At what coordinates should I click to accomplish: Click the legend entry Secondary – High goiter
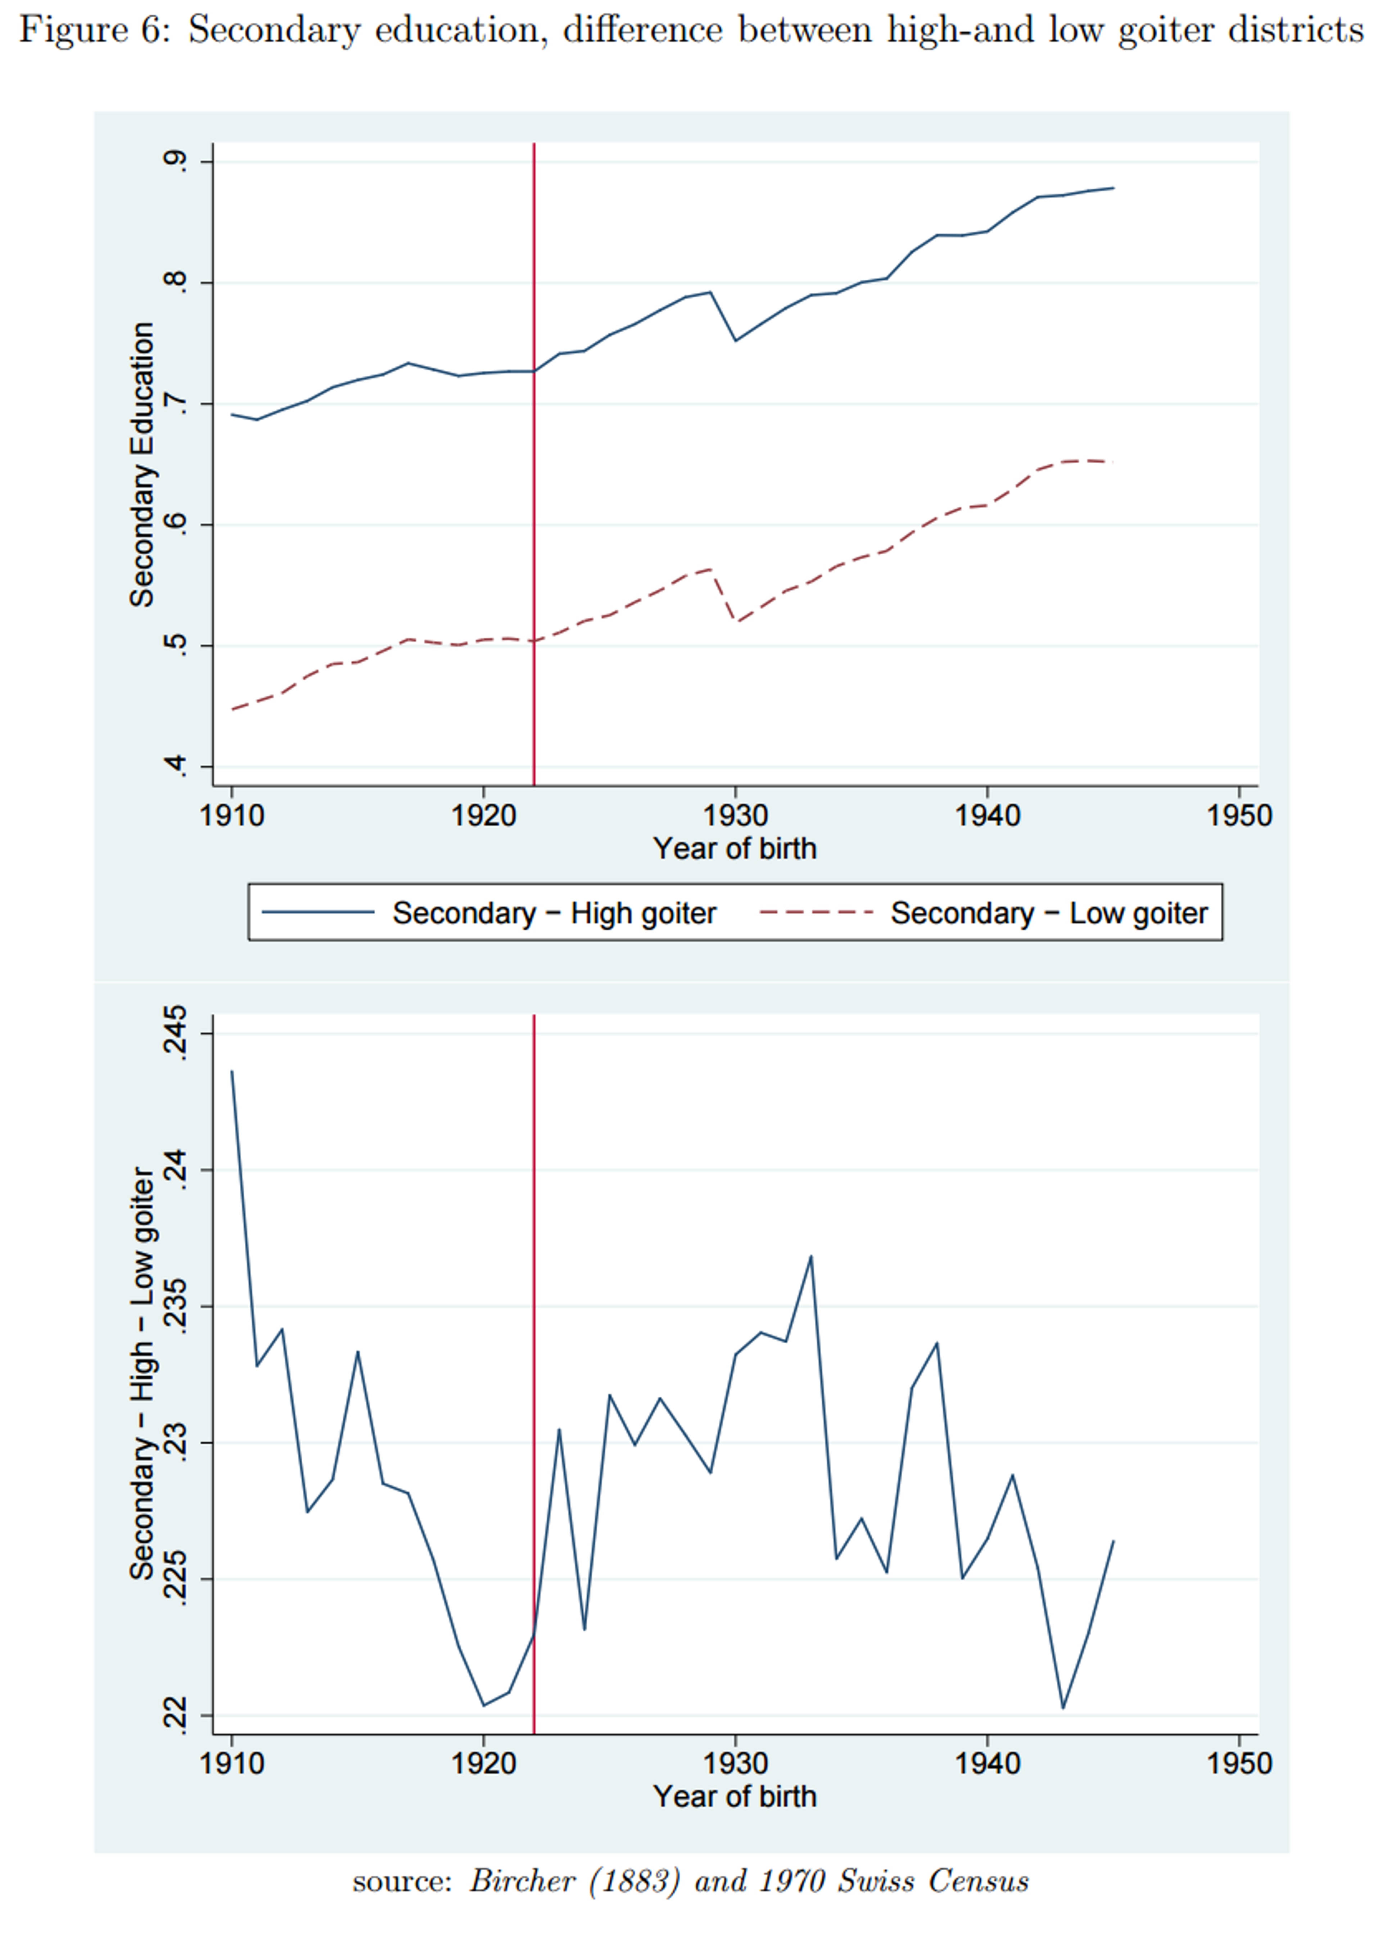[x=553, y=913]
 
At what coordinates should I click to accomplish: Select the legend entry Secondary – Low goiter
[x=1048, y=913]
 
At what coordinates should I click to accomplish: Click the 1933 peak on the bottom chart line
[x=811, y=1257]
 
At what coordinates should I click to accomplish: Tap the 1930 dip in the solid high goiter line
[x=735, y=341]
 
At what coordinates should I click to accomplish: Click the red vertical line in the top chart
[x=534, y=510]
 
